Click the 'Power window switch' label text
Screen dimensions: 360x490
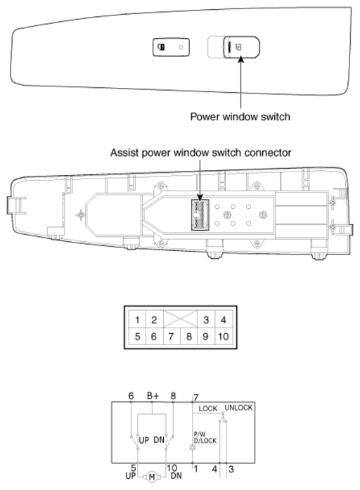(240, 117)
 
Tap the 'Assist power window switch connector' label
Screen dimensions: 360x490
(200, 153)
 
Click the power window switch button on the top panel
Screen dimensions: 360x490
(241, 47)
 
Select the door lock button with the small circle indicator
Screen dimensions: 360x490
(171, 47)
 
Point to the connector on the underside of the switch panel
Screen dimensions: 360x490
(200, 215)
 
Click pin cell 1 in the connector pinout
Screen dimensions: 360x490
(137, 320)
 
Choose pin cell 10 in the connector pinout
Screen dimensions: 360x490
(224, 336)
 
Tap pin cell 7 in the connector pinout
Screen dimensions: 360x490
(172, 336)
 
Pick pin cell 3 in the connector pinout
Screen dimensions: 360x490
(206, 320)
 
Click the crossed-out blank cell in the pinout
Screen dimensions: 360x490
(180, 319)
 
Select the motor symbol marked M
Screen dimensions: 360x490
(152, 477)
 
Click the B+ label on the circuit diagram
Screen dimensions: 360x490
(153, 396)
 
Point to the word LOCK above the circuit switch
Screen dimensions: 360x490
(208, 408)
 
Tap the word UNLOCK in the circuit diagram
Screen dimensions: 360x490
(238, 408)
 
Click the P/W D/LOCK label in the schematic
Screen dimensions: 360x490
(205, 437)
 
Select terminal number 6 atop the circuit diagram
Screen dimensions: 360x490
(131, 396)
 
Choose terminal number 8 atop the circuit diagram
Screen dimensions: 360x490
(173, 396)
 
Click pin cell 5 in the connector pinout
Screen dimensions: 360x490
(137, 336)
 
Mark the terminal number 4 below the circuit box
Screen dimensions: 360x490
(214, 469)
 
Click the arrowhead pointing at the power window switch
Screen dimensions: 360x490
(240, 59)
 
